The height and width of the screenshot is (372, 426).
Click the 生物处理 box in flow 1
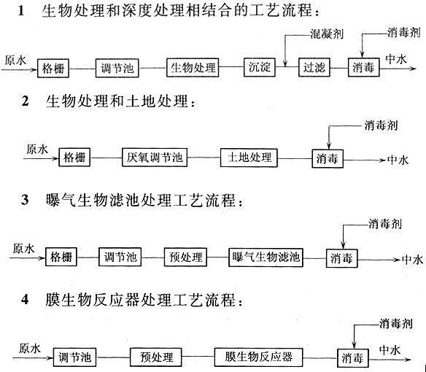[x=193, y=67]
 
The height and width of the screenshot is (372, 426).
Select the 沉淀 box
[x=260, y=67]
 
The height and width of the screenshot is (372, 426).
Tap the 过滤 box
[x=314, y=67]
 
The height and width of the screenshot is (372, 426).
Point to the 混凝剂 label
[x=327, y=34]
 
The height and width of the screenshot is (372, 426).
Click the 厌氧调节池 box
[x=155, y=158]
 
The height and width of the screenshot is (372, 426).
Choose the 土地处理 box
[x=249, y=158]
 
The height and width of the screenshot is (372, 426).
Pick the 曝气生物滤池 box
[x=266, y=257]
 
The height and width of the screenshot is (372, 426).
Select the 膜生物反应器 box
[x=259, y=357]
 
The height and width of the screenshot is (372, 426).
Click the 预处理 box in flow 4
[x=156, y=357]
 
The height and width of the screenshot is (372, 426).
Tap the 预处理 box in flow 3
[x=185, y=257]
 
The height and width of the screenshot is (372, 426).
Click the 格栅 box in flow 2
[x=74, y=158]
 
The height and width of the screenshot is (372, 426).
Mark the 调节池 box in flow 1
[x=117, y=68]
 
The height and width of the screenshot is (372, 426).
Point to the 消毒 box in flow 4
[x=352, y=358]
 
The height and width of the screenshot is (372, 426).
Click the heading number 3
[x=25, y=201]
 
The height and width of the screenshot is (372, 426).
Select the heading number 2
[x=25, y=101]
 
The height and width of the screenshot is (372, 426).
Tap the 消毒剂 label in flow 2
[x=381, y=125]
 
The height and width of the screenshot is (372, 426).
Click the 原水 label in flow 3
[x=23, y=249]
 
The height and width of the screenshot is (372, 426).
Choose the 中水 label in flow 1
[x=396, y=59]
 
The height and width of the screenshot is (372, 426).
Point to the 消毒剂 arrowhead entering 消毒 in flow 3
[x=343, y=245]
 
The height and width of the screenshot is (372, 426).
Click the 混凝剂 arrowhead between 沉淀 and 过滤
[x=285, y=63]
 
